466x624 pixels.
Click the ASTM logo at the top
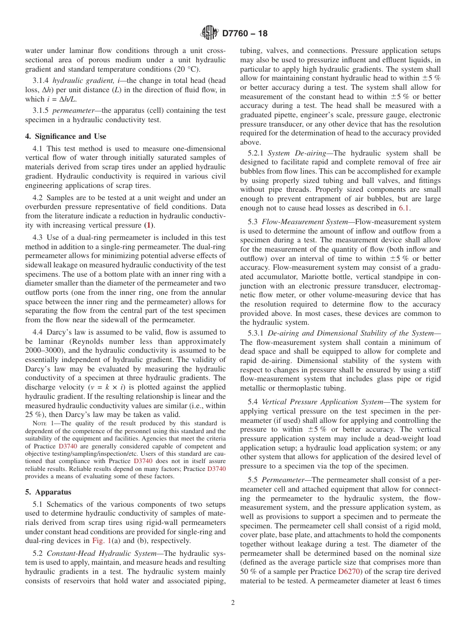[x=209, y=33]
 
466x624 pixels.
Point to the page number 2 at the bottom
[x=233, y=603]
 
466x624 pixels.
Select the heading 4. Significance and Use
[x=66, y=136]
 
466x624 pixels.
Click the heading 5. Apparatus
[x=48, y=492]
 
